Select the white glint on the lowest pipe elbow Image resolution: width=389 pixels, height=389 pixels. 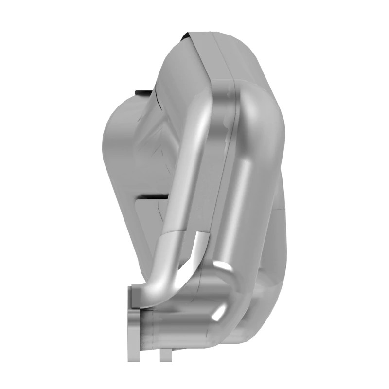point(220,311)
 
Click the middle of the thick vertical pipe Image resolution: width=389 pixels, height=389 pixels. point(246,194)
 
